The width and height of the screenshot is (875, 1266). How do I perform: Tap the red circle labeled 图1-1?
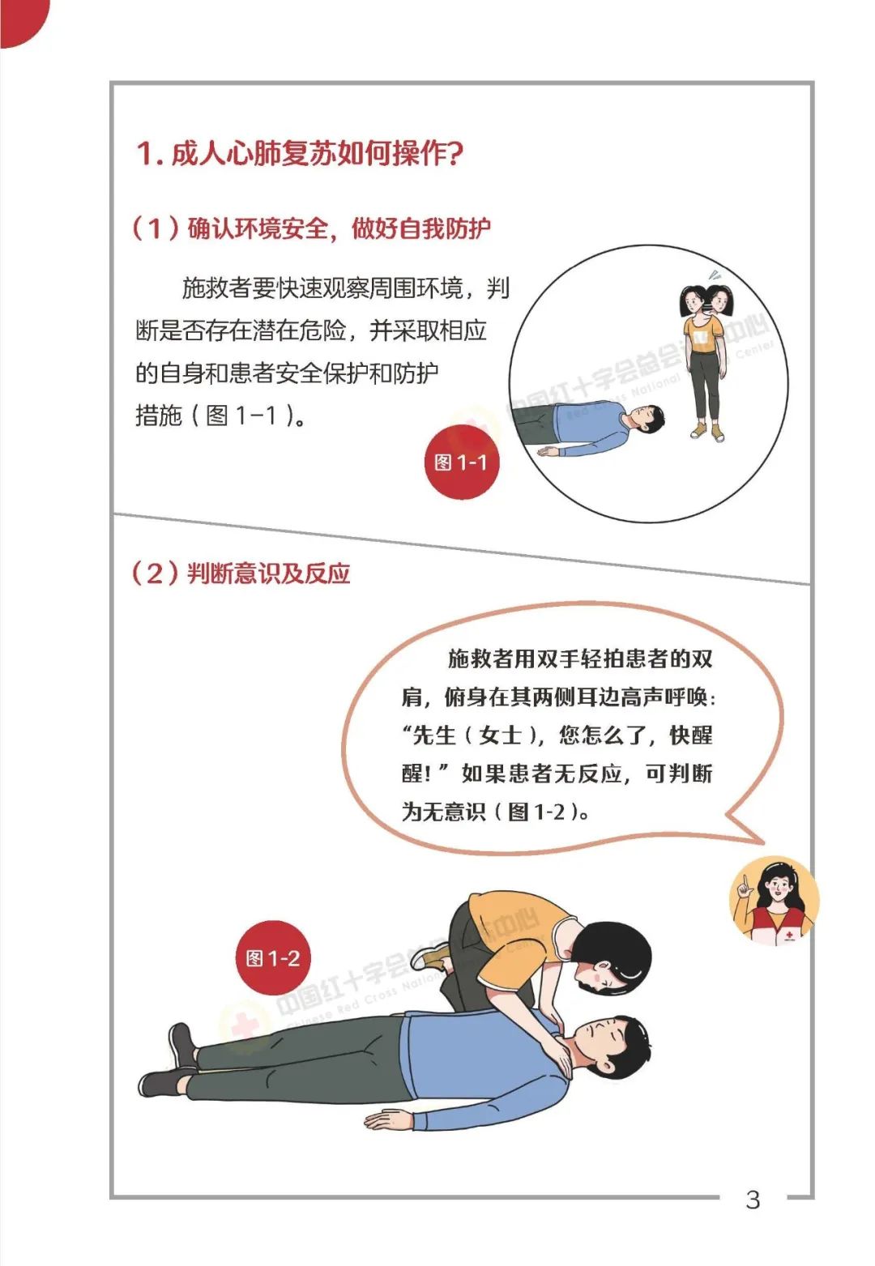pos(462,462)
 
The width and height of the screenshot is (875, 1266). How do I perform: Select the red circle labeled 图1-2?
pos(273,957)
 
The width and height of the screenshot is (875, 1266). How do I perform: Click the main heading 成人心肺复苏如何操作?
pos(300,154)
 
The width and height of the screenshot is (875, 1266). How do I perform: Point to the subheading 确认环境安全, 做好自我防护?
pos(311,229)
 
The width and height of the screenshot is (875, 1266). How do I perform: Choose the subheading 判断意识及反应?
pos(241,573)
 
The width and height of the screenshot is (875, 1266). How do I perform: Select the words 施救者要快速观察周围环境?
pos(322,288)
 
